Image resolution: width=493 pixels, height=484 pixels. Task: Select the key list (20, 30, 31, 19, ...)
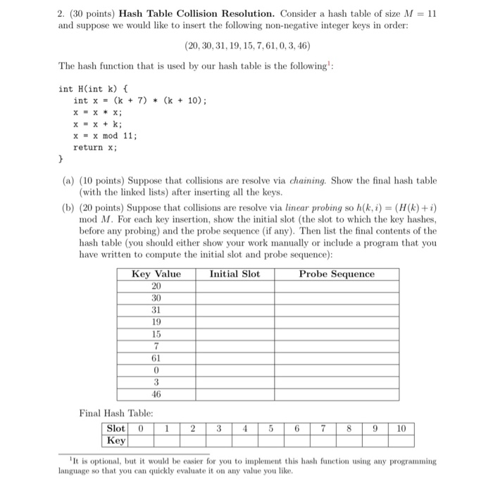click(x=246, y=46)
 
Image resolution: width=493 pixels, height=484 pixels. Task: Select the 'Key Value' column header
click(x=156, y=274)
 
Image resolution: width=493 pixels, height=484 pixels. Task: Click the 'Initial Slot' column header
click(x=235, y=274)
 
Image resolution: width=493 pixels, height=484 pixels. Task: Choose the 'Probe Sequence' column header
click(x=337, y=274)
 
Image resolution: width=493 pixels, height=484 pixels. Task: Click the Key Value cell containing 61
click(x=156, y=358)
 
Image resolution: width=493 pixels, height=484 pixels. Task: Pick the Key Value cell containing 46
click(x=156, y=394)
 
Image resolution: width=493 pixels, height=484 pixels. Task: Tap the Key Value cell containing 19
click(x=156, y=322)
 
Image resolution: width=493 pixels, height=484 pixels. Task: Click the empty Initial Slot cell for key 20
click(x=235, y=286)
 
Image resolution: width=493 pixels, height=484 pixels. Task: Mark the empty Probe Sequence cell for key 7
click(x=337, y=346)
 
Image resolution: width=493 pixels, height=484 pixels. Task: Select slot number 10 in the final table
click(x=401, y=428)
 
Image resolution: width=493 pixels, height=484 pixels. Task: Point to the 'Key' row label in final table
click(x=116, y=440)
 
